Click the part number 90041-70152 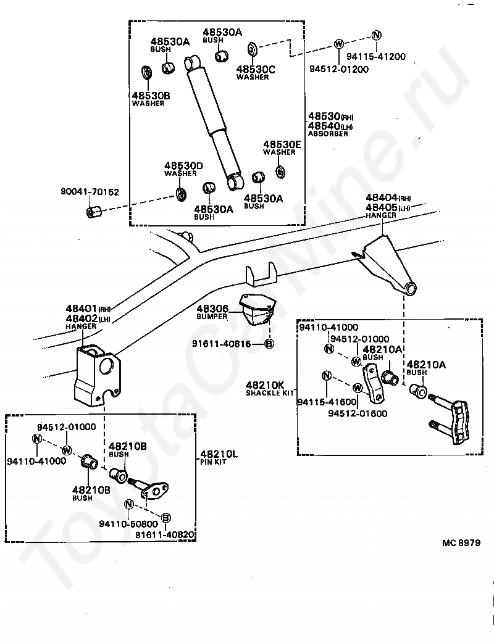(90, 192)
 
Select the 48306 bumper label (212, 312)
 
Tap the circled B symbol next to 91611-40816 (269, 344)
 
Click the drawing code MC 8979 (461, 543)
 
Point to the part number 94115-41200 (376, 57)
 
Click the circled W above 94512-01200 (338, 43)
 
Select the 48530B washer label (151, 99)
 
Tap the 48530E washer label (282, 147)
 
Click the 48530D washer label (183, 169)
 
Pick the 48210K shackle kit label (270, 388)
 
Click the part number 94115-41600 (327, 402)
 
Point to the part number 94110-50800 (128, 524)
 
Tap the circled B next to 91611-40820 (165, 518)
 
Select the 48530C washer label (255, 72)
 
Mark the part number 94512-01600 (358, 413)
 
